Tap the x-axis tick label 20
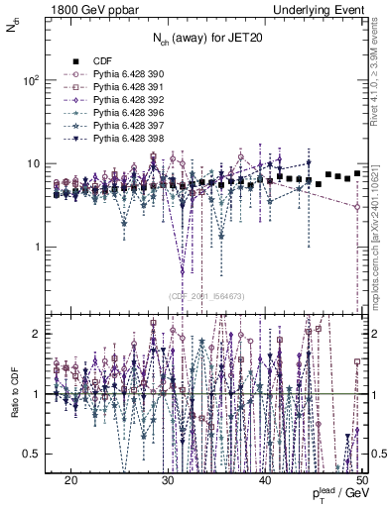[70, 479]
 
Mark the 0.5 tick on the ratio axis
[34, 454]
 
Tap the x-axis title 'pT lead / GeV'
[341, 494]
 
